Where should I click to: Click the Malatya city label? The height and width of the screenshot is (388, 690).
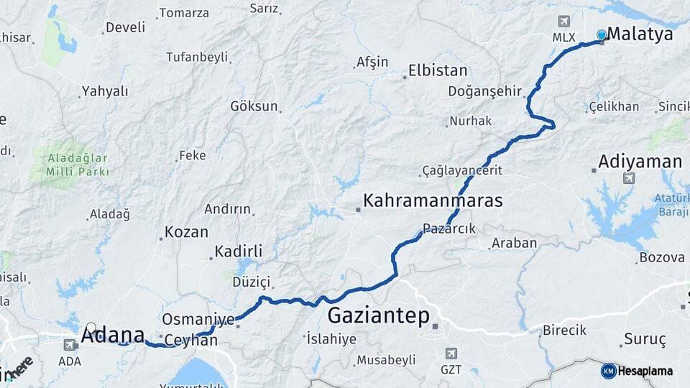pos(640,34)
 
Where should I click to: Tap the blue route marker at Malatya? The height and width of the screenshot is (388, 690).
pos(602,35)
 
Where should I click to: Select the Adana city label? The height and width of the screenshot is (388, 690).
pos(113,334)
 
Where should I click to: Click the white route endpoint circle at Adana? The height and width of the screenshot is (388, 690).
pos(91,328)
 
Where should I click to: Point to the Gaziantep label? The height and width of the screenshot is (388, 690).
pos(378,315)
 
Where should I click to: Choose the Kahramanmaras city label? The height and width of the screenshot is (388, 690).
pos(433,200)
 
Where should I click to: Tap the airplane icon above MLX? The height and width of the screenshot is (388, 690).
pos(562,21)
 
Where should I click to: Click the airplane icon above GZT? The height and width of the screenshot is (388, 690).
pos(451,354)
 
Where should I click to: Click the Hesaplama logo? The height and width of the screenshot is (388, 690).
pos(637,371)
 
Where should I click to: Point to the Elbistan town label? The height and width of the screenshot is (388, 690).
pos(438,70)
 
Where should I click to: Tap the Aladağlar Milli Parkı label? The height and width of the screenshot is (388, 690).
pos(77,165)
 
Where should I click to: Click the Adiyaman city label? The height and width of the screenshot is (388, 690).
pos(640,161)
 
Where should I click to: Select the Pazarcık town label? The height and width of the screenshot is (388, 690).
pos(449,228)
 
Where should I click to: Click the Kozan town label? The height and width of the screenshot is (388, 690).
pos(186,232)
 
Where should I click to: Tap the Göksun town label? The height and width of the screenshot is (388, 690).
pos(254,106)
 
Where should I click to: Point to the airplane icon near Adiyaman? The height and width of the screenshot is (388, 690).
pos(630,177)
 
